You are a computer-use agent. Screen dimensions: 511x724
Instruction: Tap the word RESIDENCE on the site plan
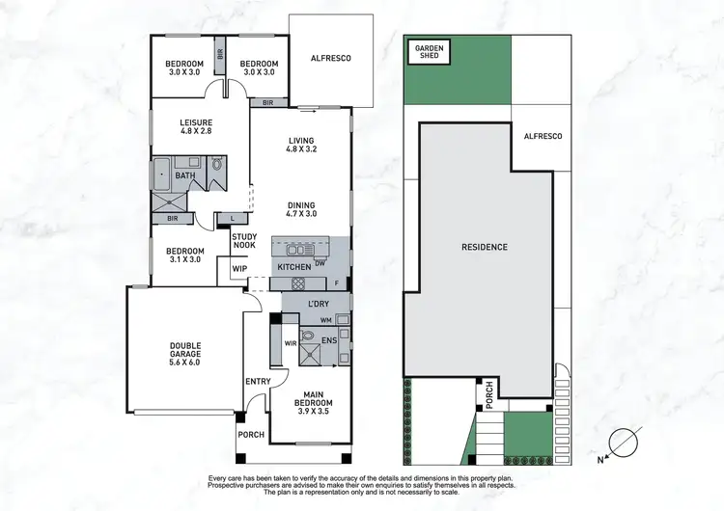pos(485,247)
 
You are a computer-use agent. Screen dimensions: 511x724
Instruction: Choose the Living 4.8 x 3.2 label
pos(301,144)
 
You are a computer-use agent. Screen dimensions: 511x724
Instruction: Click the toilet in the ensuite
pos(307,336)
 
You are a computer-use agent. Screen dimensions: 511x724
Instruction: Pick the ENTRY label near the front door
pos(258,382)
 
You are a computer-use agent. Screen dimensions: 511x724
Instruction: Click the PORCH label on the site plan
pos(489,395)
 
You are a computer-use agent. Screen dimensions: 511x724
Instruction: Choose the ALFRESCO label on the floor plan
pos(330,59)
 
